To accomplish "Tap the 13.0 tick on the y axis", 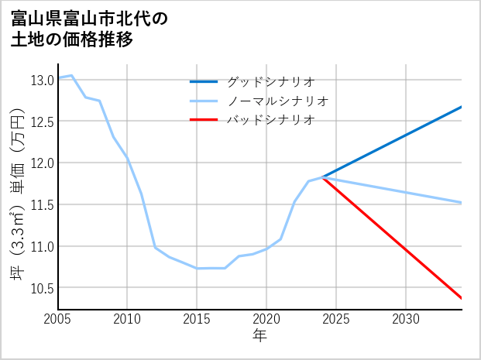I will pos(42,80).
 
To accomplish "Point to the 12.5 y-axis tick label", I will pos(42,122).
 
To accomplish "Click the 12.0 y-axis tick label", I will pos(42,163).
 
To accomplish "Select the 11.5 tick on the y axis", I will pos(42,205).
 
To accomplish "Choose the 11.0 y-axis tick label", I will pos(42,247).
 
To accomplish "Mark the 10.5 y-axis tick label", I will pos(42,289).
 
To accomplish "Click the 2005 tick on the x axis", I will pos(58,319).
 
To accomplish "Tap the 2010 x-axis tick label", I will pos(127,319).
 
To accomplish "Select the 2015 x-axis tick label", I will pos(197,319).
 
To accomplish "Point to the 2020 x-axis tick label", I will pos(266,319).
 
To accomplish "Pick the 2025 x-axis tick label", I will pos(336,319).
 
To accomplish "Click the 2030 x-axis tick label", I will pos(406,319).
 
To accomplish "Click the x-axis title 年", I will pos(259,335).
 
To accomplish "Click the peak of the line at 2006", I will pos(72,75).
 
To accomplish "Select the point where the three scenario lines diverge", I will pos(322,177).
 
